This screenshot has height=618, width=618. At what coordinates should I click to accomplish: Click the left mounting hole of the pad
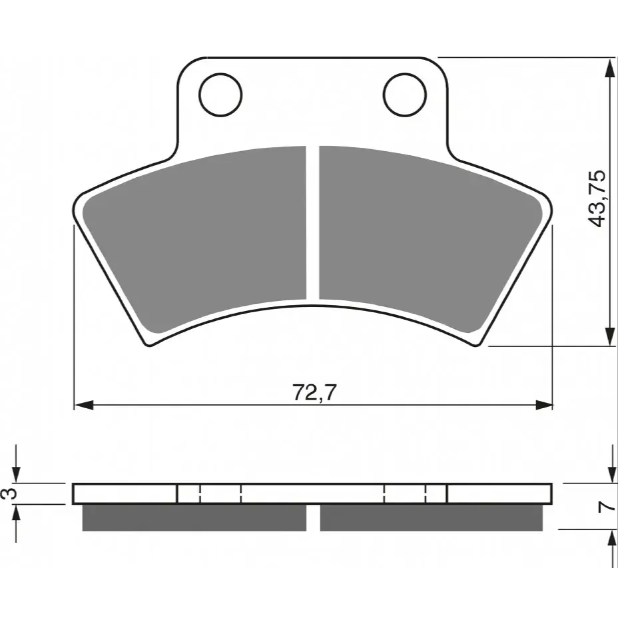click(x=220, y=94)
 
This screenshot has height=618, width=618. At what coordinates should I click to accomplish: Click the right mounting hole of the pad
click(x=404, y=94)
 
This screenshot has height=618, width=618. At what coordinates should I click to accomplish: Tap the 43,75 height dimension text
click(x=596, y=198)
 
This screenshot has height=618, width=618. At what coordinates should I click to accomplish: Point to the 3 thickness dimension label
click(x=12, y=493)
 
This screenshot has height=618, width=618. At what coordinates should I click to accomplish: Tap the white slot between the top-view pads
click(x=313, y=222)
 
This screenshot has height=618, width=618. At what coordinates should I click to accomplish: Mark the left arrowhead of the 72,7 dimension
click(x=84, y=405)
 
